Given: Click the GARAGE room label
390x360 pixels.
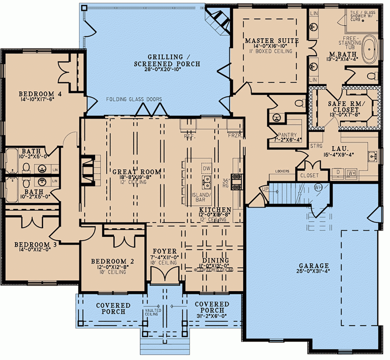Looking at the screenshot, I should click(x=314, y=266).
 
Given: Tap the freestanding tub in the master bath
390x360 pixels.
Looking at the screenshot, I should click(x=370, y=49).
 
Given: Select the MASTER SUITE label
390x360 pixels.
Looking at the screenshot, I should click(x=272, y=41).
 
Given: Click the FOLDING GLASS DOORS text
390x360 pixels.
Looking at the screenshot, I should click(x=134, y=99).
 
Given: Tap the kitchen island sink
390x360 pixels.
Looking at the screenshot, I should click(x=206, y=182).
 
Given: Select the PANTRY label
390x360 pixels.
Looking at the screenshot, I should click(x=287, y=135).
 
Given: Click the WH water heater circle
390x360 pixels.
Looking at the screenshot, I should click(x=318, y=187).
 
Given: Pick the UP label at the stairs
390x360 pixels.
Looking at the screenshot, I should click(x=265, y=189).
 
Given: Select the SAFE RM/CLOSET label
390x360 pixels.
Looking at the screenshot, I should click(x=346, y=107).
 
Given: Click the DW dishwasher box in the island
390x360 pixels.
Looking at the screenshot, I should click(x=206, y=168).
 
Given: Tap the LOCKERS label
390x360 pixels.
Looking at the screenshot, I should click(x=282, y=171).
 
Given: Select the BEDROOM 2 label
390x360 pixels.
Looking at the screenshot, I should click(x=112, y=261).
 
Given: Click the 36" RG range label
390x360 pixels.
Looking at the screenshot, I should click(x=226, y=183).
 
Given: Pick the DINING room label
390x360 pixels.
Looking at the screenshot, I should click(x=215, y=260).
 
